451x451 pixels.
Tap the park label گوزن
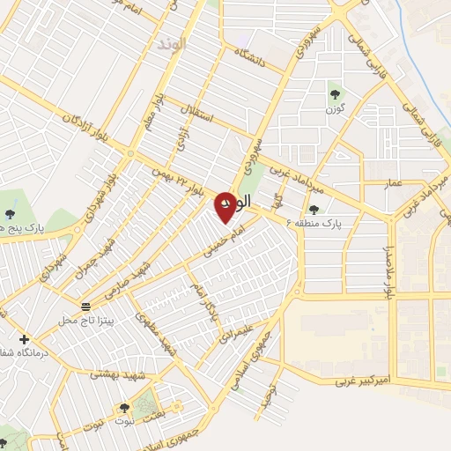tap(335, 108)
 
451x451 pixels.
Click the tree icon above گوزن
tap(335, 92)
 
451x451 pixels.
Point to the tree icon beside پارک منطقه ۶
tap(314, 209)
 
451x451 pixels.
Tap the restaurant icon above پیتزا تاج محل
tap(85, 307)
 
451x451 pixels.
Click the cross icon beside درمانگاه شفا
tap(23, 339)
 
